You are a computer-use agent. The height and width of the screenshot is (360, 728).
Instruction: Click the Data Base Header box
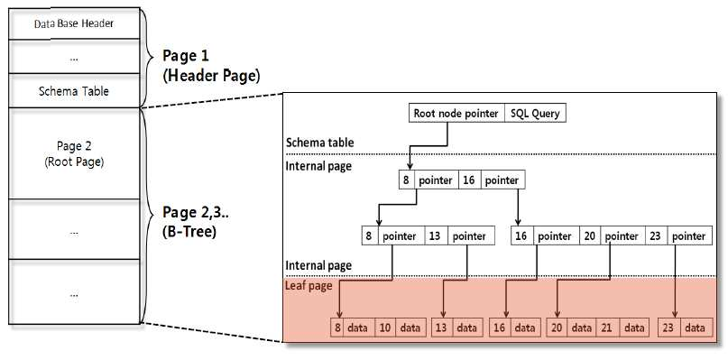click(x=74, y=23)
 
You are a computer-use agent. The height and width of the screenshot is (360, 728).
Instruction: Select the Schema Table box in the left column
click(x=74, y=90)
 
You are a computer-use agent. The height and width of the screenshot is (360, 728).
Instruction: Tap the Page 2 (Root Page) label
click(x=74, y=154)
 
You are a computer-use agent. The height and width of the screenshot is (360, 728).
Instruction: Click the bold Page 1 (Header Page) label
click(x=211, y=66)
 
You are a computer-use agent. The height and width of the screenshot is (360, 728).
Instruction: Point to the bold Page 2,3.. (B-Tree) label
click(x=196, y=222)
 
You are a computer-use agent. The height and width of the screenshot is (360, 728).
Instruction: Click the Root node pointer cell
click(x=456, y=113)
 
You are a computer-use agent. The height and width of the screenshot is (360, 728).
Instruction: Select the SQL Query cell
click(x=535, y=113)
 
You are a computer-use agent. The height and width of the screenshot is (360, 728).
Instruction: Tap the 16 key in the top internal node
click(x=469, y=180)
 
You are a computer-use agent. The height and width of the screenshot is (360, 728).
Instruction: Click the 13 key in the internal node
click(x=436, y=236)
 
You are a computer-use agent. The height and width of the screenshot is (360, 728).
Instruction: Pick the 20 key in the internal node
click(x=590, y=236)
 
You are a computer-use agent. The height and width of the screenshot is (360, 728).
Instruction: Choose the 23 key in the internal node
click(x=656, y=236)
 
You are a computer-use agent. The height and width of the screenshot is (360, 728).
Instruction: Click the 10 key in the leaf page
click(x=385, y=328)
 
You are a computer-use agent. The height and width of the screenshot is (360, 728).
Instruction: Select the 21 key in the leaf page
click(x=606, y=328)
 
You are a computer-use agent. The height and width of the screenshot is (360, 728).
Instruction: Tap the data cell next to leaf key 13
click(x=467, y=328)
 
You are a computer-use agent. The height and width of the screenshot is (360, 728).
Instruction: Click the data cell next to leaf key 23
click(x=696, y=328)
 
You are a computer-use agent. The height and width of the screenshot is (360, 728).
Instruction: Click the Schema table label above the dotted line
click(x=319, y=143)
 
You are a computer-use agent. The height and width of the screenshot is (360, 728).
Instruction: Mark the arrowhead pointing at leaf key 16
click(x=505, y=315)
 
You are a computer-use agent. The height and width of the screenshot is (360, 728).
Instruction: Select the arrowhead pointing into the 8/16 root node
click(x=410, y=166)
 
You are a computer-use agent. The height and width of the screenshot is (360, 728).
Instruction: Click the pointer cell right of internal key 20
click(x=622, y=236)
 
